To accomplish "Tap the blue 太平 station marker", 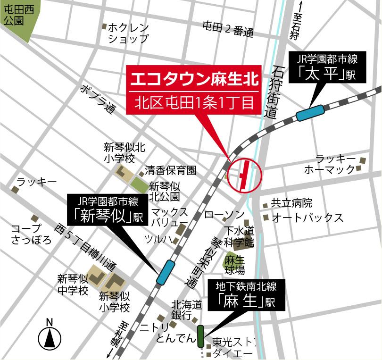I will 311,113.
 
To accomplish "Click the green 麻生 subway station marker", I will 200,335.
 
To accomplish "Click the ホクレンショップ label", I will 128,33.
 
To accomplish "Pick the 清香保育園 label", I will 170,170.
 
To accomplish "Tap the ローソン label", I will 224,215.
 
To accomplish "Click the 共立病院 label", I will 291,204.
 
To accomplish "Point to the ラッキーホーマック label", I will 335,164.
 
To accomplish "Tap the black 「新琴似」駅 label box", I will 107,209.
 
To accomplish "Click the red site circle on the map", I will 244,175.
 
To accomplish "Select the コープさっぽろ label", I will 32,234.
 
